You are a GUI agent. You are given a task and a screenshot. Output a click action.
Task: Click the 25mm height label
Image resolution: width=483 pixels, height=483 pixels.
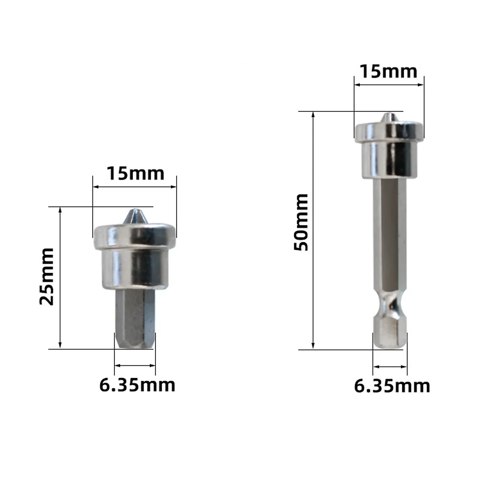click(47, 277)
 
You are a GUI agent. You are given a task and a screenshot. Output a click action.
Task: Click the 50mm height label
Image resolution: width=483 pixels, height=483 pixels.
click(301, 223)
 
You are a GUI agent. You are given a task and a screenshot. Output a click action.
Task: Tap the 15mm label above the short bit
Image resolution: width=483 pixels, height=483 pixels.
click(135, 173)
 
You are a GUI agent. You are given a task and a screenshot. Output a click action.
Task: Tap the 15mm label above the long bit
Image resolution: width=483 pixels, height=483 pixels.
click(388, 71)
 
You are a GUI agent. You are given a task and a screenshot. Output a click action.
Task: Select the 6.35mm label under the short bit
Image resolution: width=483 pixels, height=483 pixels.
click(137, 385)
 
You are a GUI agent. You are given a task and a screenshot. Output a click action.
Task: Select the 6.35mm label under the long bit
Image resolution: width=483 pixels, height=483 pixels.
click(392, 386)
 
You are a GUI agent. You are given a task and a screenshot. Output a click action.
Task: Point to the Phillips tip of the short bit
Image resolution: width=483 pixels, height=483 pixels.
click(134, 217)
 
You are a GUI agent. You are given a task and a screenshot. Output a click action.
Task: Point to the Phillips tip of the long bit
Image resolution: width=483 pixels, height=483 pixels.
click(388, 118)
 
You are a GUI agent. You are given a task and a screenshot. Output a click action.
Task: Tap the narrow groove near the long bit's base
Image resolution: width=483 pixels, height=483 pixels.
click(389, 307)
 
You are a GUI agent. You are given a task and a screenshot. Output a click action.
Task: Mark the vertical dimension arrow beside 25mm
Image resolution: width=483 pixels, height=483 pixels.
click(60, 278)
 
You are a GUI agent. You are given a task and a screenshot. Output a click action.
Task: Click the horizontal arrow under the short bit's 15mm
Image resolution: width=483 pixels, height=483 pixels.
click(134, 186)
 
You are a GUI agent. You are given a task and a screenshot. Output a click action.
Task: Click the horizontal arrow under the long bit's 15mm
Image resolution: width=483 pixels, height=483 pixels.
click(389, 85)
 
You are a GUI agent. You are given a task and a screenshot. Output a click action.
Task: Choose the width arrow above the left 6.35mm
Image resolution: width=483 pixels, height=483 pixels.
click(135, 365)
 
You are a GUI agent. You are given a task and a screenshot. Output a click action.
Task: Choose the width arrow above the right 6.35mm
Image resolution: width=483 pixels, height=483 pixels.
click(390, 366)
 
